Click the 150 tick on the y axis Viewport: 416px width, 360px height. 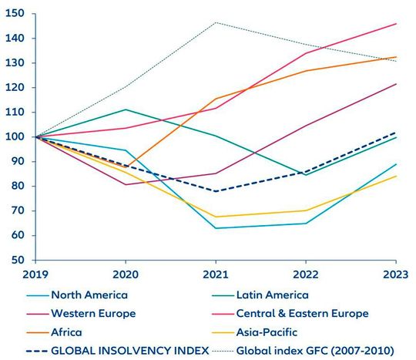14,14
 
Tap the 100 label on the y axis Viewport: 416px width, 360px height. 14,137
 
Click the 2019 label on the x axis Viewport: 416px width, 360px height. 35,274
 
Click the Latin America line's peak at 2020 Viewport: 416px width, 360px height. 126,109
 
